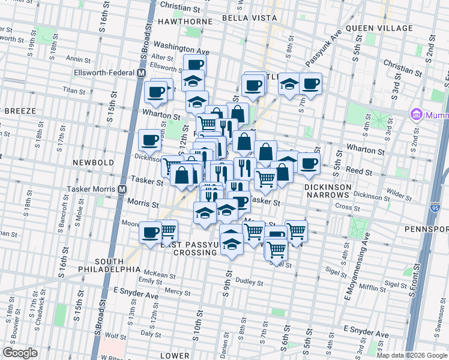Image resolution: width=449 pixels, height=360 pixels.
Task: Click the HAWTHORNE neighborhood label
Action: (x=185, y=21)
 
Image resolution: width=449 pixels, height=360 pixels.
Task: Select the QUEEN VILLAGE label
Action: (x=379, y=28)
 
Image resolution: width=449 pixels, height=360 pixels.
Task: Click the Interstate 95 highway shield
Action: (x=436, y=208)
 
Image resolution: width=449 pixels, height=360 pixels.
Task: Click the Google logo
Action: (x=20, y=352)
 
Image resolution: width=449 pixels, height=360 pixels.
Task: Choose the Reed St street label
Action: (x=359, y=171)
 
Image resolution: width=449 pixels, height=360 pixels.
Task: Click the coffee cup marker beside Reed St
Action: (x=309, y=164)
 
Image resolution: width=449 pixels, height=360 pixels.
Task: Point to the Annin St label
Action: (x=79, y=59)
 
